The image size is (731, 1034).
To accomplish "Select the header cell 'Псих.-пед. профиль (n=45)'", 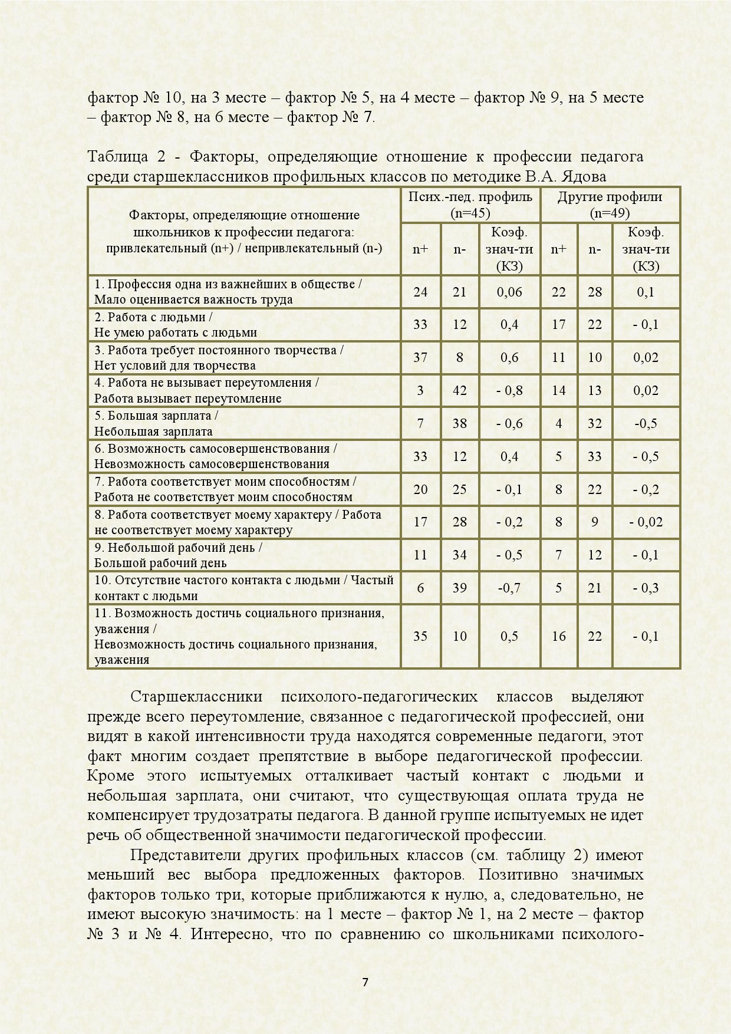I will [x=470, y=205].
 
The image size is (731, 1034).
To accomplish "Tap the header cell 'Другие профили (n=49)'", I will [x=610, y=205].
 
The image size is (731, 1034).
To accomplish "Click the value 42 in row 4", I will [x=459, y=390].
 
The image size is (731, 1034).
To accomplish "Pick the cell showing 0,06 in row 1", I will [x=509, y=292].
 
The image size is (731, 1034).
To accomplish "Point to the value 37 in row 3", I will [x=420, y=357].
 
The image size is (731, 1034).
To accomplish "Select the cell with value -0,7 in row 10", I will [x=509, y=588].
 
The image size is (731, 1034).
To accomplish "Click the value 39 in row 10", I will [x=459, y=588].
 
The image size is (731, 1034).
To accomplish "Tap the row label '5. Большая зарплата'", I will [x=156, y=416].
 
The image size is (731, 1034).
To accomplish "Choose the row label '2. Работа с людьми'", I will [x=153, y=317].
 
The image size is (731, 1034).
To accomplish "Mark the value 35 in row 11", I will [x=420, y=636].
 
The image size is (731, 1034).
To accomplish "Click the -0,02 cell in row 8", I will [x=646, y=522].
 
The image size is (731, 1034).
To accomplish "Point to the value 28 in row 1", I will [x=595, y=292].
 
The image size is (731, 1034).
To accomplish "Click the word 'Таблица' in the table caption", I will [x=114, y=157].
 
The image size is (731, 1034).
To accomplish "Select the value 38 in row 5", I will [x=459, y=423].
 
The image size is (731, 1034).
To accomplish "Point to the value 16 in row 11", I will [x=558, y=636].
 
